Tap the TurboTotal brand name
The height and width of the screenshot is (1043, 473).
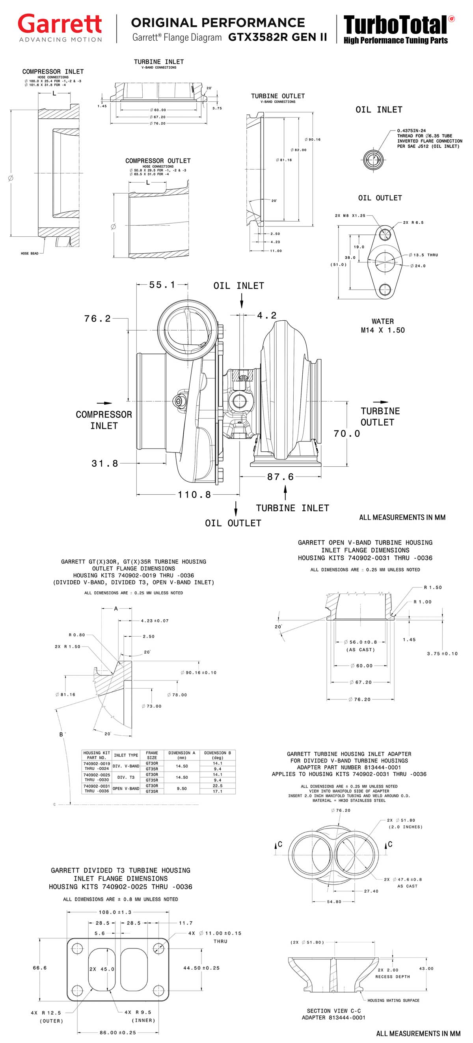coord(395,25)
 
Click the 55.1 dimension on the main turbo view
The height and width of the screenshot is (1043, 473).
coord(162,285)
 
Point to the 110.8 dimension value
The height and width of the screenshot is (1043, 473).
coord(194,494)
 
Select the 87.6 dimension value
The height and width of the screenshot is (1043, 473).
coord(280,477)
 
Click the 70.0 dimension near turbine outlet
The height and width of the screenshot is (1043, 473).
coord(346,434)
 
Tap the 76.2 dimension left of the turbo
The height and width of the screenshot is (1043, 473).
coord(97,319)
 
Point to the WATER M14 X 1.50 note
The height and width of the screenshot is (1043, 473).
coord(382,326)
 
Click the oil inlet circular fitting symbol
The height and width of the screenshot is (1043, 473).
coord(372,159)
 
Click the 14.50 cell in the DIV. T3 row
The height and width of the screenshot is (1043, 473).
coord(182,778)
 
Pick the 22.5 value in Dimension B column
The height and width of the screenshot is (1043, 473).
coord(217,786)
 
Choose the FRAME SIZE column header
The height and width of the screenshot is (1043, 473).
coord(152,755)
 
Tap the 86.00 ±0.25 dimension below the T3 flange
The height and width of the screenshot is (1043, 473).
coord(118,1032)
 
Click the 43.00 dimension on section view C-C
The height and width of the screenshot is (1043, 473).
coord(426,968)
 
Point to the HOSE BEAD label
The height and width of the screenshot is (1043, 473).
coord(30,254)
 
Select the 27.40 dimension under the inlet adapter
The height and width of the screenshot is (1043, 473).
coord(371,891)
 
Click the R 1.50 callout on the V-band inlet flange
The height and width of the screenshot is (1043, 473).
coord(432,587)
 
